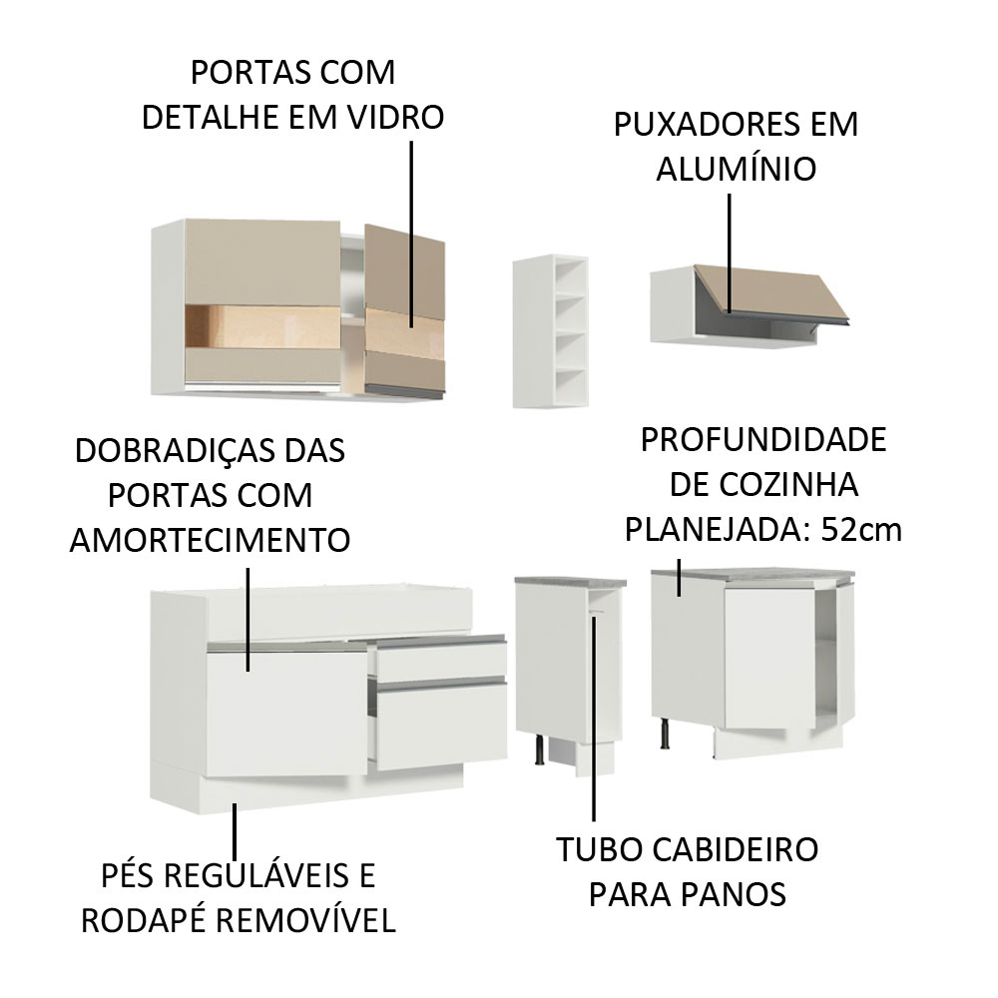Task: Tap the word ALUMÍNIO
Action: [737, 169]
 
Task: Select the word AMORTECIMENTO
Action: [210, 540]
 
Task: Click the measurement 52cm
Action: [861, 529]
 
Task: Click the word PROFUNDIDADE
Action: [763, 440]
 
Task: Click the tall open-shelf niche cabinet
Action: [551, 331]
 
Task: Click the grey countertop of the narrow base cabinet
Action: [570, 581]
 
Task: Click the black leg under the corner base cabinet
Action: [664, 732]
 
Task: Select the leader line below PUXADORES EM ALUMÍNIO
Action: [730, 253]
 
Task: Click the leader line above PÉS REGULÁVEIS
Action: [235, 832]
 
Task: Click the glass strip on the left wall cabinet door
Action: [262, 327]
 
